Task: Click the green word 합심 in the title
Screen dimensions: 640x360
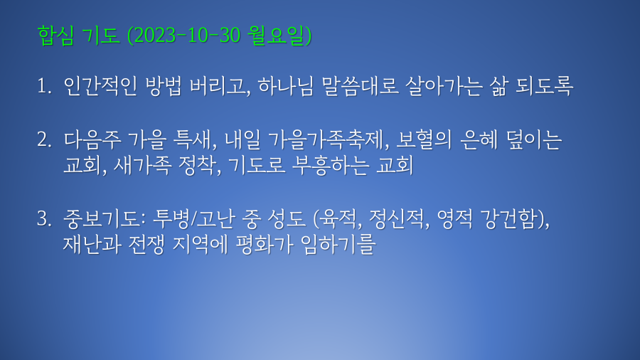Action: (56, 35)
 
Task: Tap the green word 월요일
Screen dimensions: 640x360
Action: (277, 35)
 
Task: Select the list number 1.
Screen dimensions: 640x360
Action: (43, 86)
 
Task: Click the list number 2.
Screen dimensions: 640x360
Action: (44, 139)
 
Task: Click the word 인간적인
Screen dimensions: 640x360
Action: (100, 86)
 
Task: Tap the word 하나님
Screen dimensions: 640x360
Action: (286, 86)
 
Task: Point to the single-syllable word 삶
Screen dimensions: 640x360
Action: (498, 86)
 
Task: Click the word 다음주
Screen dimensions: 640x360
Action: (92, 139)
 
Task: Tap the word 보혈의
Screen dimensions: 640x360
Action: (424, 139)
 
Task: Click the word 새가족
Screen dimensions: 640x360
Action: (142, 165)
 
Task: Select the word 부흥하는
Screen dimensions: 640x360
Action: (331, 165)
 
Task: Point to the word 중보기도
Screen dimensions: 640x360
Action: (104, 218)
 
